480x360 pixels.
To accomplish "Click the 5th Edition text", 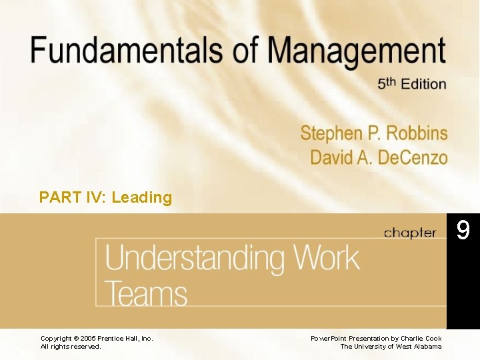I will tap(411, 83).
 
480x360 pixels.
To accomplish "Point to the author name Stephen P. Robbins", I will tap(373, 133).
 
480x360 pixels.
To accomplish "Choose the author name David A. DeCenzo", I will tap(379, 157).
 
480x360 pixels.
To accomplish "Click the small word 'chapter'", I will tap(409, 233).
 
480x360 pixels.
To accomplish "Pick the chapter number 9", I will tap(463, 231).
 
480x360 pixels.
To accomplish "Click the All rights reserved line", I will tap(71, 347).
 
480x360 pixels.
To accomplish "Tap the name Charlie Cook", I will tap(420, 339).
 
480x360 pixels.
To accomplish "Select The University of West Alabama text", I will tap(391, 347).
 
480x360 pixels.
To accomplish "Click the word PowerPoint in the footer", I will tap(329, 339).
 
